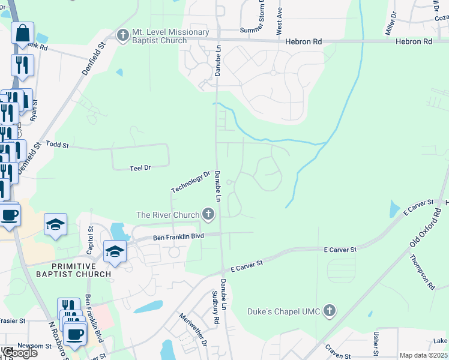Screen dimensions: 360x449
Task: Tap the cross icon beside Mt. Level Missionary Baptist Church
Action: tap(124, 35)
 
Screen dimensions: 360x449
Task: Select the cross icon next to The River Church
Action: tap(208, 214)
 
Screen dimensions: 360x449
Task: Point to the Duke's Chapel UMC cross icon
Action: tap(328, 311)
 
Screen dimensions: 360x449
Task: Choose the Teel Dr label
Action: tap(140, 169)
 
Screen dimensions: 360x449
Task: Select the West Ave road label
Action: tap(279, 20)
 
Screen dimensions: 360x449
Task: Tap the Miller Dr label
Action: tap(391, 23)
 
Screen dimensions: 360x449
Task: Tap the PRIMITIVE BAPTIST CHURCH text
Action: tap(81, 270)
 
